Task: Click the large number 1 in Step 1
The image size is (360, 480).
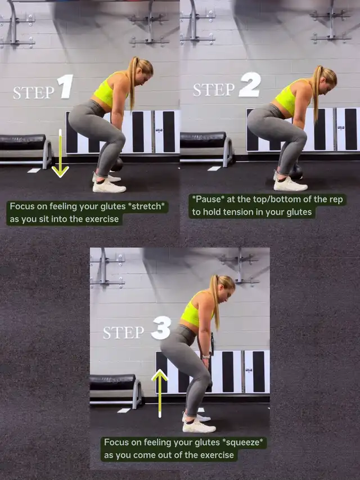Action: (x=65, y=87)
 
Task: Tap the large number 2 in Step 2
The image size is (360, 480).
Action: (x=250, y=84)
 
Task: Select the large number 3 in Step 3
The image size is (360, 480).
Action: (x=161, y=328)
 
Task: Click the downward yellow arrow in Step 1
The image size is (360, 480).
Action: (x=60, y=153)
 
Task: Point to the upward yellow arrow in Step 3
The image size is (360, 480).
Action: (x=160, y=393)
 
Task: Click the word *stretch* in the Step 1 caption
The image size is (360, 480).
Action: (x=146, y=207)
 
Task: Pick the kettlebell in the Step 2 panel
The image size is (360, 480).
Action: (x=296, y=172)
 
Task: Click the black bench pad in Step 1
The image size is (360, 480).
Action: (x=22, y=142)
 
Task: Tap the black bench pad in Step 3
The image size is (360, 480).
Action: (x=112, y=382)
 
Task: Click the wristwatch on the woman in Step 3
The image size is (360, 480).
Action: (x=206, y=356)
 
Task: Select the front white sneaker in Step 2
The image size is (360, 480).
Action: (x=290, y=184)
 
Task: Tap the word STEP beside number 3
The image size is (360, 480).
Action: (x=123, y=333)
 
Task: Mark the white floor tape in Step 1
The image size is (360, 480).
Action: (x=34, y=171)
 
